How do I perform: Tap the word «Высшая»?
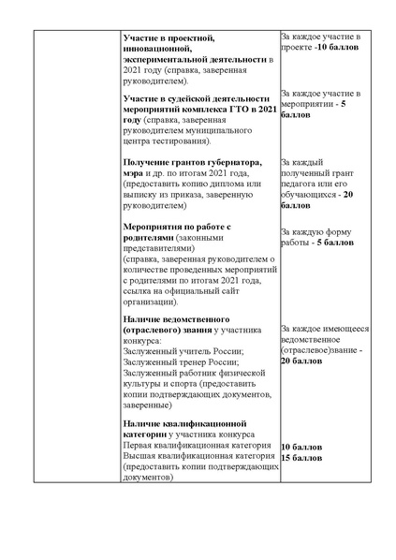tap(141, 455)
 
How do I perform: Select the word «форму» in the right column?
tap(355, 231)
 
